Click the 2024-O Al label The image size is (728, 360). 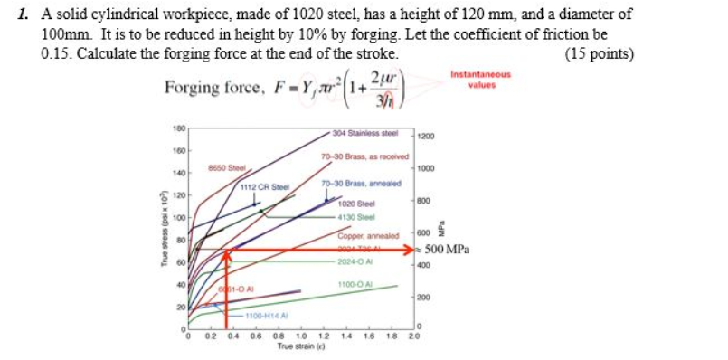pos(355,262)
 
